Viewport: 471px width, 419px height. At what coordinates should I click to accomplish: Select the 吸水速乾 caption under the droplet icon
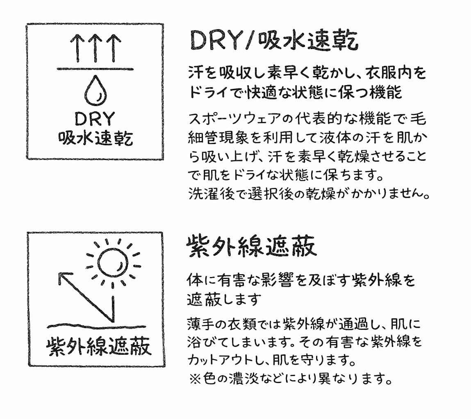(96, 139)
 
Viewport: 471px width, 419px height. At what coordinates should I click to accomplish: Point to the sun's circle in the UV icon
(110, 262)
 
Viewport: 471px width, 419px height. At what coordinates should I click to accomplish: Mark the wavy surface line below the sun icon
(96, 326)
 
